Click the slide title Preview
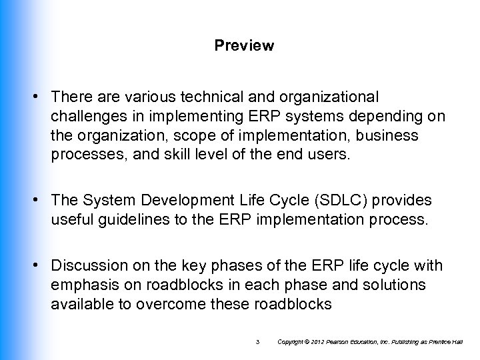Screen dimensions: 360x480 coord(244,46)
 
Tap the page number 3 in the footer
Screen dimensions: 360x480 coord(257,342)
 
